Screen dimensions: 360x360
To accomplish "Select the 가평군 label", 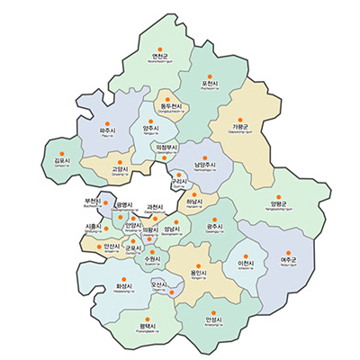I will tap(240, 127).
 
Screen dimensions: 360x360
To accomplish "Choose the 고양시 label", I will tap(120, 168).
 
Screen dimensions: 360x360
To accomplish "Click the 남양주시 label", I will tap(204, 165).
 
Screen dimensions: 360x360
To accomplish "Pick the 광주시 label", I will tap(215, 227).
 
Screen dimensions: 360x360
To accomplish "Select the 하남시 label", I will tap(194, 202).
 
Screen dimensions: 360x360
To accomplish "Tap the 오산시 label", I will tap(159, 283).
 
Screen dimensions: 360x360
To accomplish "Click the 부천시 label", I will tap(91, 201).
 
